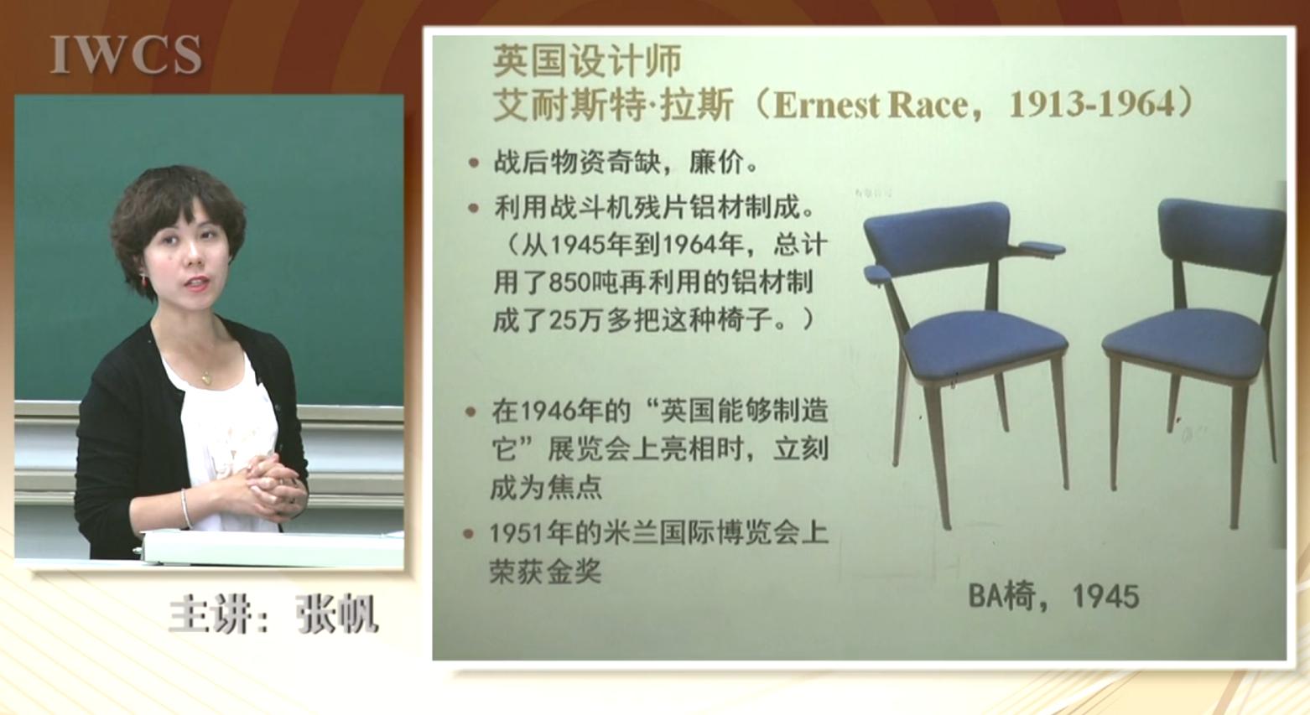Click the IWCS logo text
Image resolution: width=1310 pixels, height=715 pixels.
click(126, 54)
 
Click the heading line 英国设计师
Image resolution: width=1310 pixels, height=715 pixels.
click(587, 60)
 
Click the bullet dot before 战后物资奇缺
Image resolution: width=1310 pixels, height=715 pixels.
click(474, 163)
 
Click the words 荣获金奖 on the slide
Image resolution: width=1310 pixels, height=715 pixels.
click(545, 571)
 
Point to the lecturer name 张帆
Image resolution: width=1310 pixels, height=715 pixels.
click(337, 614)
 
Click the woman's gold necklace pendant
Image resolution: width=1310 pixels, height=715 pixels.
click(205, 380)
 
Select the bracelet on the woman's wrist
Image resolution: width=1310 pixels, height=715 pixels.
click(186, 508)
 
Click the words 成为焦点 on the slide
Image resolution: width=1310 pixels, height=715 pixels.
click(546, 487)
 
